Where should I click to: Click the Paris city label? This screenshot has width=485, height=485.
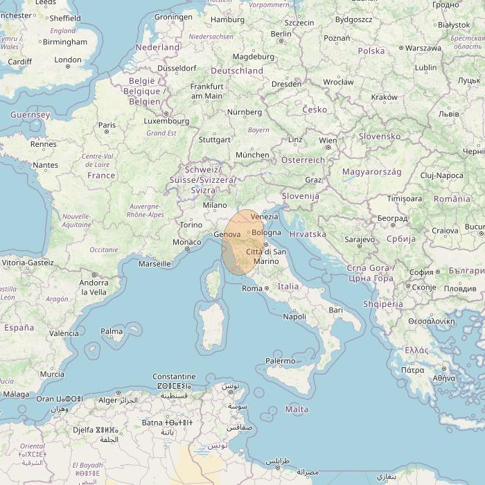pos(107,125)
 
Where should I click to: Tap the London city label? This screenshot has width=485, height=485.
pos(68,60)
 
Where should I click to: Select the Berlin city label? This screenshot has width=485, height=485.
pos(281,33)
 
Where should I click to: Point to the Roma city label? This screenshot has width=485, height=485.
pos(252,288)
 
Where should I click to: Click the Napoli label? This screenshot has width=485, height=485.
pos(294,317)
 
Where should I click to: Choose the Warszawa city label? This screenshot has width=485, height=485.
pos(423,48)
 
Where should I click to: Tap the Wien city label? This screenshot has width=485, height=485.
pos(327,141)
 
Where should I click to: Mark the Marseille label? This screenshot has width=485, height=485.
pos(155,264)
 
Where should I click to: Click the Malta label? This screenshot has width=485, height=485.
pos(297,409)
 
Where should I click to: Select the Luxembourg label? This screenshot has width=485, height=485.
pos(166,121)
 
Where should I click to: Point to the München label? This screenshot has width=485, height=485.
pos(252,155)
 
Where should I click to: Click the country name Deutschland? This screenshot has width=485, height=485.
pos(237,71)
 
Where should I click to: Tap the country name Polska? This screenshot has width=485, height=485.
pos(371,51)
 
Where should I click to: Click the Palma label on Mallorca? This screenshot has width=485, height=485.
pos(112,332)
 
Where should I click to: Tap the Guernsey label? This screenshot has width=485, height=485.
pos(30,114)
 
